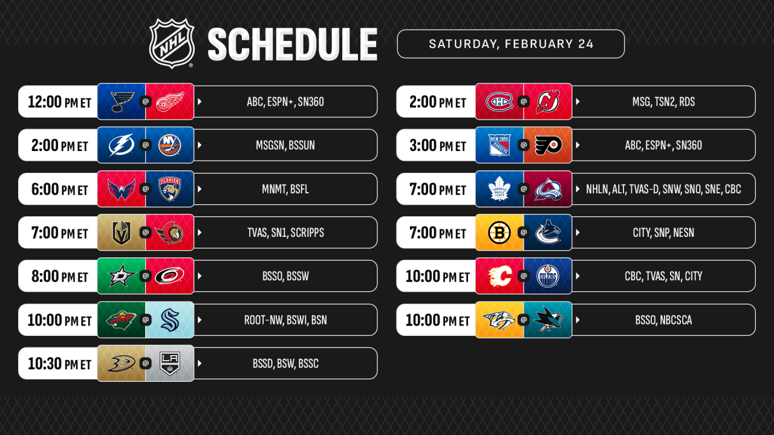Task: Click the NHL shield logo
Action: [x=172, y=43]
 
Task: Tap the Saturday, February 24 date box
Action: [x=510, y=44]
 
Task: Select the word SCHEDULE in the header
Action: [x=292, y=44]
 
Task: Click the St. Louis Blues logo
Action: [x=121, y=101]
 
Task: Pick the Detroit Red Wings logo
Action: [x=169, y=101]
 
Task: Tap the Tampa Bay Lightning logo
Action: [x=121, y=145]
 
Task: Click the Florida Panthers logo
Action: [x=169, y=189]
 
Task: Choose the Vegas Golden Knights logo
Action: [x=121, y=233]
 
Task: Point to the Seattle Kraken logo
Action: [x=169, y=320]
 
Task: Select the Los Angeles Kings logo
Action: [x=169, y=363]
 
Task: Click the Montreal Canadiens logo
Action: [x=499, y=101]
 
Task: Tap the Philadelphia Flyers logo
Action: [x=548, y=145]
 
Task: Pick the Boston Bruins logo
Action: [x=499, y=233]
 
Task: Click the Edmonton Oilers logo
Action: [x=548, y=276]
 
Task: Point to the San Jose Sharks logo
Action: [x=548, y=320]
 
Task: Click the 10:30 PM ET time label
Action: [x=59, y=363]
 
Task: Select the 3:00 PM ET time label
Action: [x=437, y=146]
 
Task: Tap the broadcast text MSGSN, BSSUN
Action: [x=285, y=146]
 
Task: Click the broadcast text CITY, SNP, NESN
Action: [x=663, y=233]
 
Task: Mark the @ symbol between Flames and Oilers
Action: [x=524, y=276]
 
